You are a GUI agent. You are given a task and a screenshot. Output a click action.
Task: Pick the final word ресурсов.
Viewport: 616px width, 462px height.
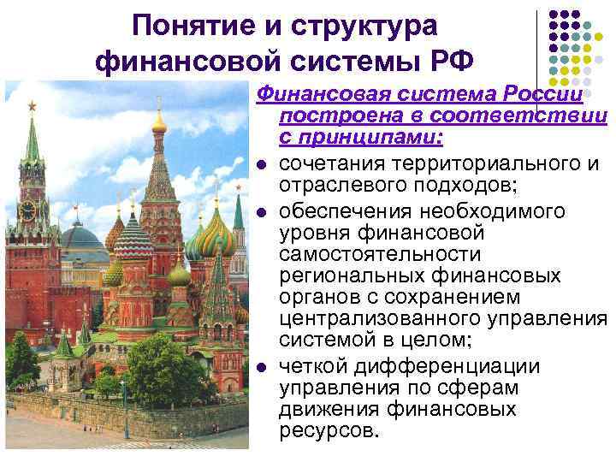[328, 431]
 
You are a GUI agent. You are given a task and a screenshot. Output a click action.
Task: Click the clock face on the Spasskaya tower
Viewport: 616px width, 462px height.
[29, 208]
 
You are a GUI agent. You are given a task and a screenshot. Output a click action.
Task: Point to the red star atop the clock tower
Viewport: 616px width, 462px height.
[33, 106]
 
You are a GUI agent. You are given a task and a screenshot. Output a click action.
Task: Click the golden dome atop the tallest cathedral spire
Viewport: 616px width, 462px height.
[159, 122]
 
